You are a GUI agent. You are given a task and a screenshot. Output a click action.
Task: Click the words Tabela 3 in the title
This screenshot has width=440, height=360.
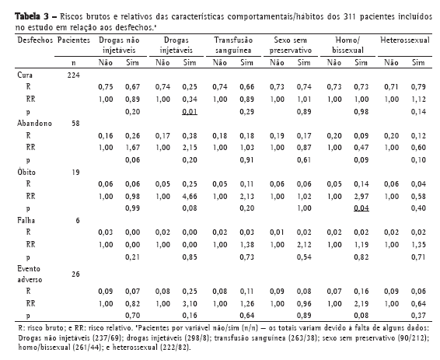point(32,16)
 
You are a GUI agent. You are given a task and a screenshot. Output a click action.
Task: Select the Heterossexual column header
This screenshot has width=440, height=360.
point(405,40)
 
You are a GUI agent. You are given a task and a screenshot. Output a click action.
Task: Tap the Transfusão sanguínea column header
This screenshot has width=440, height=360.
point(233,45)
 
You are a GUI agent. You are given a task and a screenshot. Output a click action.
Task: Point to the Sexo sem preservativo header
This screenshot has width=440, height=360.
point(291,45)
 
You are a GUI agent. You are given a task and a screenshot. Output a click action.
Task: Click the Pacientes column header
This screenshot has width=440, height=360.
point(74,40)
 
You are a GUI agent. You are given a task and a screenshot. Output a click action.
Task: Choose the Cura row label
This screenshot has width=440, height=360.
point(25,75)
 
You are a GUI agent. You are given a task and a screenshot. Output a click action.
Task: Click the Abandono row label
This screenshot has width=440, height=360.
point(34,124)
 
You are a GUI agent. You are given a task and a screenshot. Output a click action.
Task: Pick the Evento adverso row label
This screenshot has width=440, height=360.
point(30,274)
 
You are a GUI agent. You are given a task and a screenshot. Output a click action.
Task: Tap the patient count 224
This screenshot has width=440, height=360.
point(74,75)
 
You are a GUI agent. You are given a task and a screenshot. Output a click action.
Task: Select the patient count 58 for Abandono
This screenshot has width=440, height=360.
point(75,124)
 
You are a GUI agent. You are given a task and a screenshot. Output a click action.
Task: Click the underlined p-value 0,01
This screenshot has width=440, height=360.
point(190,112)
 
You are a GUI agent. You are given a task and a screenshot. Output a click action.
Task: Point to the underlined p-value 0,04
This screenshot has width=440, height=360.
point(361,208)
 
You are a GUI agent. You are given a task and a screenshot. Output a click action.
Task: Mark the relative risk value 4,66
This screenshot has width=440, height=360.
point(190,196)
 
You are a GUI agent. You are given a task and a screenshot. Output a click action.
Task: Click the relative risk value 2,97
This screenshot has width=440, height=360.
point(361,196)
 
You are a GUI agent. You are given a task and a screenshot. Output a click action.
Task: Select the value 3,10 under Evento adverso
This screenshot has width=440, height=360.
point(190,303)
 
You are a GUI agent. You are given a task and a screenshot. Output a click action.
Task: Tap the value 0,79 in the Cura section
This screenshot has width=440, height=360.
point(418,87)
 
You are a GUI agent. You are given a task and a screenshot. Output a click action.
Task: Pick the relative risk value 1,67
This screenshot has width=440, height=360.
point(132,148)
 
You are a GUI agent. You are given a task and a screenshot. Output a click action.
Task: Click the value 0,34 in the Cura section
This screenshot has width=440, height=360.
point(190,100)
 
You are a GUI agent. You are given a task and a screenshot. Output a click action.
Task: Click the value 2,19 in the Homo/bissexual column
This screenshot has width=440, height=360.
point(361,303)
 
